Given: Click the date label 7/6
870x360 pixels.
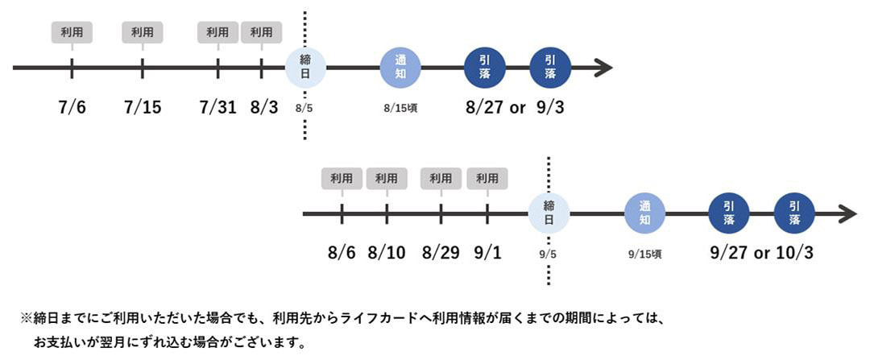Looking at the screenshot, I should pos(72,106).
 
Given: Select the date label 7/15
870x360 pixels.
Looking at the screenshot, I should pos(143,106).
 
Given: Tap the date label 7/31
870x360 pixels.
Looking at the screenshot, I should pos(217,106).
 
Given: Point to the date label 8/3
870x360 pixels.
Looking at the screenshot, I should pos(263,106).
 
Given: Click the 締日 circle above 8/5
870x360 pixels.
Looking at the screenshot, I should pos(305,67).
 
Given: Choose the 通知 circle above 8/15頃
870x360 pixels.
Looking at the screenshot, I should pos(400,67).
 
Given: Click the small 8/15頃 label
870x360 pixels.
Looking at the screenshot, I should pos(400,107).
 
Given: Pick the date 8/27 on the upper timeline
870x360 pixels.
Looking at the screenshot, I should pos(486,106).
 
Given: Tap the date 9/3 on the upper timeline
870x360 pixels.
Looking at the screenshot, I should pos(550,106).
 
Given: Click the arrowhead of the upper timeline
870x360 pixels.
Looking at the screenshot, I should pos(604,68).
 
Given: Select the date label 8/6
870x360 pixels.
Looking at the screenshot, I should pos(342,252).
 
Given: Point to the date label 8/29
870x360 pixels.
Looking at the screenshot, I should pos(441,252).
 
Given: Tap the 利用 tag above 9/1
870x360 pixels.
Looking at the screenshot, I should pos(487,179).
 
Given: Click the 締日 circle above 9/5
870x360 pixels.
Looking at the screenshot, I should pos(549,213).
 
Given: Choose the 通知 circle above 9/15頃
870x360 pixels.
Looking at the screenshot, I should pos(644,213).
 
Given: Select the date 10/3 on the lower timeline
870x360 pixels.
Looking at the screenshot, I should pos(794,252).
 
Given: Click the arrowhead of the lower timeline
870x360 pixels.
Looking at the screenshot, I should pos(847,214).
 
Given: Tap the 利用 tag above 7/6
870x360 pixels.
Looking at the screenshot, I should pos(72,32).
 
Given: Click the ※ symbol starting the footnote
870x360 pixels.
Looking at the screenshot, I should pos(26,318).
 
